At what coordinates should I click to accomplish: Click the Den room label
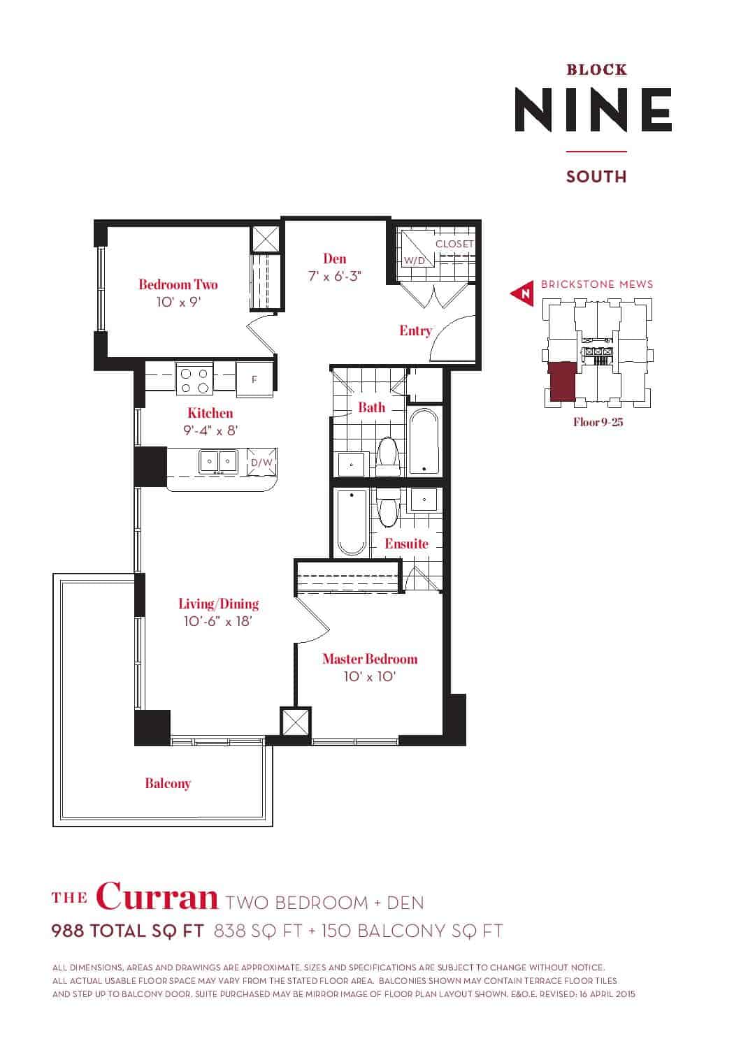(x=335, y=259)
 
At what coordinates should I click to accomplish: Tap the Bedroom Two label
(x=178, y=284)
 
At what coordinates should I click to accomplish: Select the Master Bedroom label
(x=370, y=659)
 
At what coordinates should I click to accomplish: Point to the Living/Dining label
(x=219, y=604)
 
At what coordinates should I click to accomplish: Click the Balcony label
(x=168, y=783)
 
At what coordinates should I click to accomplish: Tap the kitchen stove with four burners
(x=194, y=380)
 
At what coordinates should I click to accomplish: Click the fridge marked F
(x=254, y=379)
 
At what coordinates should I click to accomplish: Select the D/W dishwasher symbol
(x=261, y=463)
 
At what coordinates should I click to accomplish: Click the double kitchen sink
(x=218, y=462)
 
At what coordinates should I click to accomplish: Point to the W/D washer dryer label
(x=415, y=261)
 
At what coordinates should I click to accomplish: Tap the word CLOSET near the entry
(x=454, y=244)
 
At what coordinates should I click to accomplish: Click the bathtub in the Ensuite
(x=352, y=523)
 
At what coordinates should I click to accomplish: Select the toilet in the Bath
(x=387, y=456)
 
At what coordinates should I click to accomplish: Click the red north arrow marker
(x=522, y=294)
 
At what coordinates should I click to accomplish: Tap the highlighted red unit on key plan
(x=562, y=381)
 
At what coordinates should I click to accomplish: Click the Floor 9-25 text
(x=598, y=422)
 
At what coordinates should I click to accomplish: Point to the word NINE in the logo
(x=593, y=110)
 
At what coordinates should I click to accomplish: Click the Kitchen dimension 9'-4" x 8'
(x=210, y=430)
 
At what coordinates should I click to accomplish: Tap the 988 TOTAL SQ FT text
(x=128, y=931)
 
